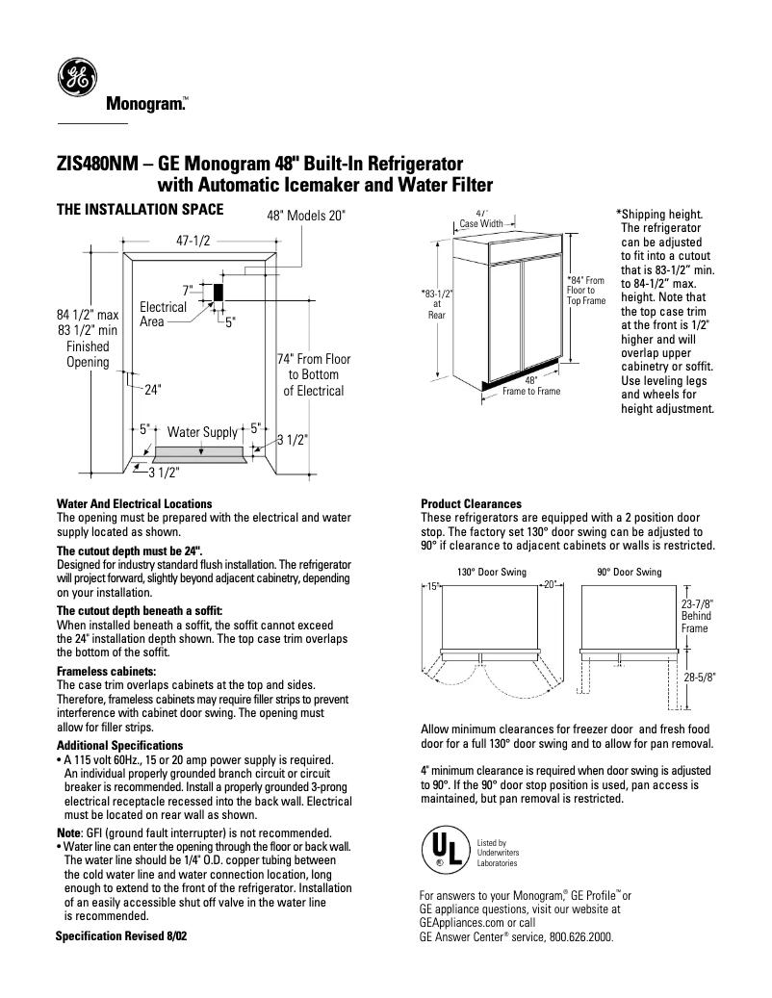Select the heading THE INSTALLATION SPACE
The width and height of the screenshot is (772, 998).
(x=141, y=209)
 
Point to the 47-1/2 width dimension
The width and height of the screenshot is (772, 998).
(x=193, y=242)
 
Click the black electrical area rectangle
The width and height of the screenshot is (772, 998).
(x=218, y=291)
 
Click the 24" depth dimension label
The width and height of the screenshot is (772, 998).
(x=152, y=391)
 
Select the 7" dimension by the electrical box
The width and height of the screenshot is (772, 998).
(x=189, y=289)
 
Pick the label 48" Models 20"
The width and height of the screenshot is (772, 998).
(x=305, y=217)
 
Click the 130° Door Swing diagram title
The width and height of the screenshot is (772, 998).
(x=491, y=573)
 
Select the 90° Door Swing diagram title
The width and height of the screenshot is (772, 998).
(x=629, y=573)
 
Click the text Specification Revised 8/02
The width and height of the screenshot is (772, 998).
(x=121, y=935)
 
